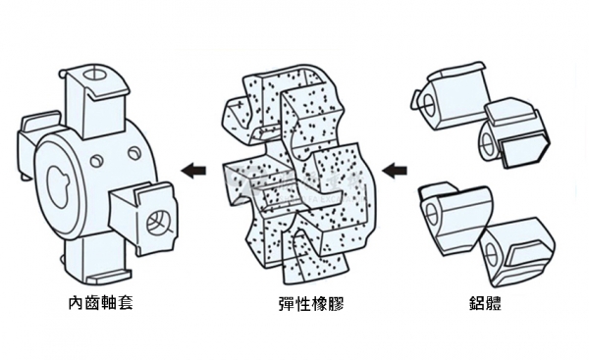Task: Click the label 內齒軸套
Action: [101, 303]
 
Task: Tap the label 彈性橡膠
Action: [311, 303]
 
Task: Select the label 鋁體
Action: [485, 303]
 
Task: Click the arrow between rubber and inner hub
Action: [193, 171]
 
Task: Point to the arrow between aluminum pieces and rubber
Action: [395, 171]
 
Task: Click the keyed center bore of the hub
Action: [58, 186]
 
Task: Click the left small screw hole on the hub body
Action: [96, 161]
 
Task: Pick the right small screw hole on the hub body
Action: [134, 152]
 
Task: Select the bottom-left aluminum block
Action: [454, 218]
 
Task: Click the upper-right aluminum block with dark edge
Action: [514, 133]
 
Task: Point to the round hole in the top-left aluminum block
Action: [428, 106]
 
